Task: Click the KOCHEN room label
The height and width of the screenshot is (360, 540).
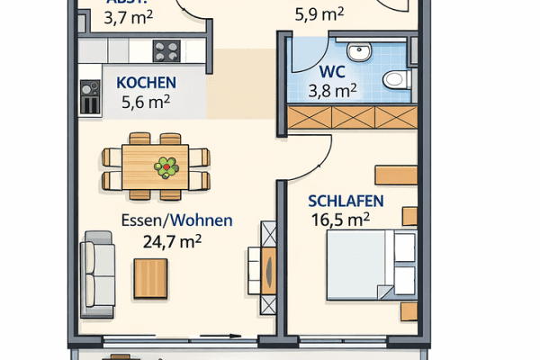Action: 146,83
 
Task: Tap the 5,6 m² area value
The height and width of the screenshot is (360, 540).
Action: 147,102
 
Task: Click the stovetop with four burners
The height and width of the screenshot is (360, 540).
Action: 166,51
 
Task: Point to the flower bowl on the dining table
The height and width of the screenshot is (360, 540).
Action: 166,166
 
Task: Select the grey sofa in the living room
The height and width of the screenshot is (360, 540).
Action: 98,273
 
